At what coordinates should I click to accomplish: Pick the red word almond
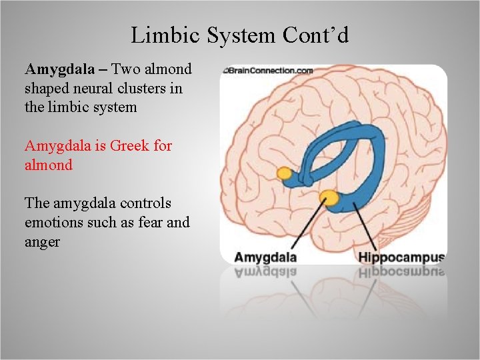48,165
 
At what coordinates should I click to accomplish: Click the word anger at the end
42,241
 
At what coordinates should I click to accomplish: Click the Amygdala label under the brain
265,257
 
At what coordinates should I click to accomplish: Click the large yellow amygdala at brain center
329,197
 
